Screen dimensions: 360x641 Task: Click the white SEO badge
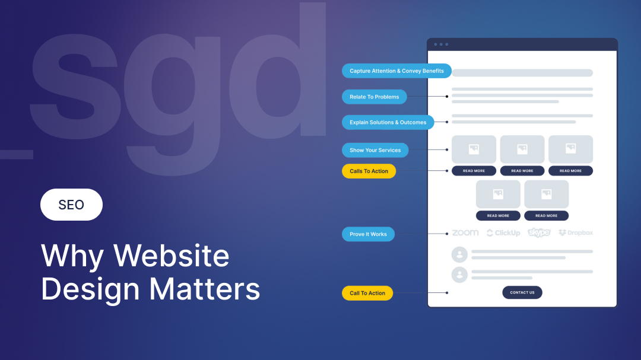coord(71,205)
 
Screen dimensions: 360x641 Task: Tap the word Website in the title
coord(172,256)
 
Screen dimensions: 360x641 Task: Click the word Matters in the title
coord(204,289)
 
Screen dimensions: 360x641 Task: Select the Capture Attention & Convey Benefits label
coord(396,71)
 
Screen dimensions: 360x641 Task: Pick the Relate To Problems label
coord(374,97)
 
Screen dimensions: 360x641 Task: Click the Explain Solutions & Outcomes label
coord(388,122)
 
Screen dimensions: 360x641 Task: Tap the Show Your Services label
coord(375,150)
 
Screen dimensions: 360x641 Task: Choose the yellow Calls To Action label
coord(369,171)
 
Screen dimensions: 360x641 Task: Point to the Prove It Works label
coord(368,234)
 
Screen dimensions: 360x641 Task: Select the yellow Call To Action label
coord(367,293)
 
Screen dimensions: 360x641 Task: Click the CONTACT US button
coord(522,292)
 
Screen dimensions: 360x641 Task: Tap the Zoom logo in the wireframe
coord(465,233)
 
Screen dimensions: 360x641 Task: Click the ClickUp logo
coord(503,233)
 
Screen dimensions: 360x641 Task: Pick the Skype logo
coord(540,232)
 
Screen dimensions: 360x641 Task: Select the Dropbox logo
coord(576,233)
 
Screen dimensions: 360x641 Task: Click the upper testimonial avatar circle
coord(459,254)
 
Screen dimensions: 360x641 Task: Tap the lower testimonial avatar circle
coord(459,275)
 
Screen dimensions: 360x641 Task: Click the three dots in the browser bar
coord(441,44)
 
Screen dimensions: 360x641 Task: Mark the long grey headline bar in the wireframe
coord(522,73)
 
